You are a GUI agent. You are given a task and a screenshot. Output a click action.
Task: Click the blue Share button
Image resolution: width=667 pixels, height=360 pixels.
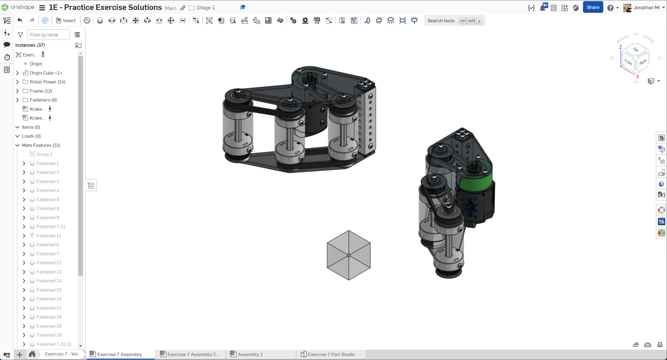click(x=593, y=8)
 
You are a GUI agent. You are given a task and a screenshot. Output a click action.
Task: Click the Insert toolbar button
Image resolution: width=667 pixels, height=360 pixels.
click(x=66, y=21)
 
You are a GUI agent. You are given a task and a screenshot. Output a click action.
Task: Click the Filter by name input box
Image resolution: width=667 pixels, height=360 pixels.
click(x=48, y=35)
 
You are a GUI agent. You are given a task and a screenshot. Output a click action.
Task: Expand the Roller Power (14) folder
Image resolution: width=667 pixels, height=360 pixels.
click(x=18, y=82)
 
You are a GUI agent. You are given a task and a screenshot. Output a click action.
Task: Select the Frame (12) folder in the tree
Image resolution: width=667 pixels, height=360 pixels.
click(x=41, y=91)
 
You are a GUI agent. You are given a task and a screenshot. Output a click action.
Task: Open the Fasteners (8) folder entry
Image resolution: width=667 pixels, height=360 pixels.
click(x=43, y=100)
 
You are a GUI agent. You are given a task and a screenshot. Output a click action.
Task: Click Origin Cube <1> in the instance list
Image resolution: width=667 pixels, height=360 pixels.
click(x=46, y=73)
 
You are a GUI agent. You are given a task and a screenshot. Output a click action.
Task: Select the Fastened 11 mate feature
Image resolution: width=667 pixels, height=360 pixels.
click(x=49, y=236)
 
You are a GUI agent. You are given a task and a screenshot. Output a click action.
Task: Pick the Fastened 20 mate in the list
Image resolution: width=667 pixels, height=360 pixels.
click(x=49, y=335)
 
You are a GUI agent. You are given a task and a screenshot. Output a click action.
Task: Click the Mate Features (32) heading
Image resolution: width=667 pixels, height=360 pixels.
click(x=41, y=145)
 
